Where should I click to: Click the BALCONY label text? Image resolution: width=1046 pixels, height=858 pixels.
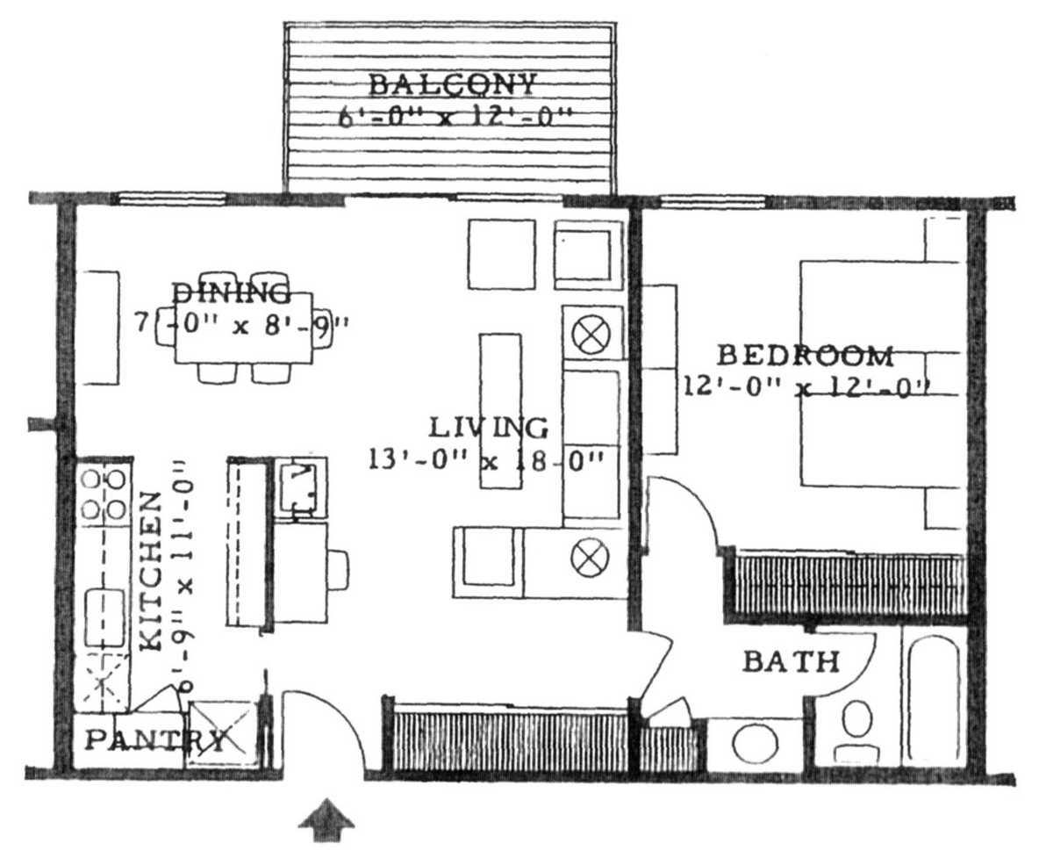click(x=452, y=85)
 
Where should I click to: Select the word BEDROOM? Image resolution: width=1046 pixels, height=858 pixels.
click(x=806, y=356)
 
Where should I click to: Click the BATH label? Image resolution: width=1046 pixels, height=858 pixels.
click(x=792, y=661)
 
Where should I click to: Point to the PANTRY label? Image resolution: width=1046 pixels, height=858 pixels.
click(x=154, y=740)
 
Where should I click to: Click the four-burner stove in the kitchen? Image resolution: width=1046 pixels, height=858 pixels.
click(x=104, y=494)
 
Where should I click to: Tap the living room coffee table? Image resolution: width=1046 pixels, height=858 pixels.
click(x=499, y=411)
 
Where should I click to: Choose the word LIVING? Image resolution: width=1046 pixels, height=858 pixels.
click(x=489, y=428)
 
